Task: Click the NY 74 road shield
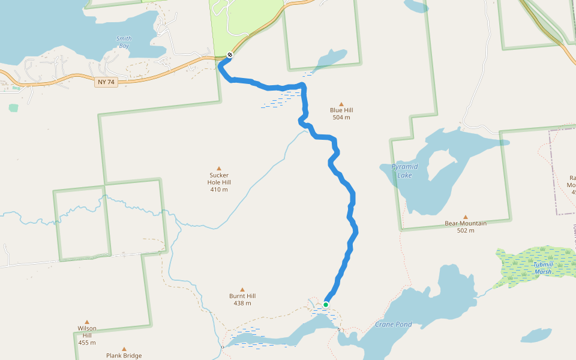click(106, 82)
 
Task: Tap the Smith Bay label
click(124, 42)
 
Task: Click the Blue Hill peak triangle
click(341, 104)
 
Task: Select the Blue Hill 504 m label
click(341, 113)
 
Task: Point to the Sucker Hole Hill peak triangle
click(219, 168)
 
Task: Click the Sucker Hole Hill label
click(219, 182)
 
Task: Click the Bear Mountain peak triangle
click(465, 217)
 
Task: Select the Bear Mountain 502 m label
click(466, 226)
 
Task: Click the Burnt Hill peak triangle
click(242, 289)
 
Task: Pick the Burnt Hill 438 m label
click(242, 299)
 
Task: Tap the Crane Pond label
click(394, 324)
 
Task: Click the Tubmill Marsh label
click(543, 268)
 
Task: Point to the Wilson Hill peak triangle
click(87, 322)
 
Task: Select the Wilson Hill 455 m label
click(87, 335)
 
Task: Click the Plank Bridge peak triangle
click(124, 349)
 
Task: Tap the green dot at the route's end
click(326, 305)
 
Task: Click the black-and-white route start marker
click(230, 55)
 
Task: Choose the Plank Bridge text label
click(124, 356)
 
